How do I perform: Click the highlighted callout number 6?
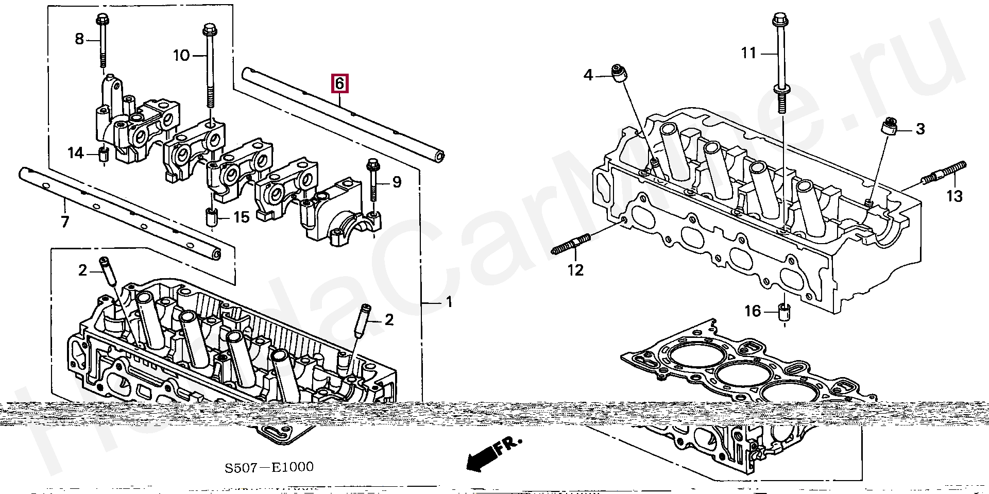click(339, 83)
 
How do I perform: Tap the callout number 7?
click(65, 222)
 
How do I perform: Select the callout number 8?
click(79, 39)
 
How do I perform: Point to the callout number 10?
click(181, 55)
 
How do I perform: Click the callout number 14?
click(76, 153)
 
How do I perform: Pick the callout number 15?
click(241, 217)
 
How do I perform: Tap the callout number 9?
click(397, 182)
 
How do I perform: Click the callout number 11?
click(748, 53)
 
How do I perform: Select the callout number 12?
click(575, 270)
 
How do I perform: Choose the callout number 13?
click(954, 196)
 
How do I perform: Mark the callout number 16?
click(753, 311)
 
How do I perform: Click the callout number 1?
click(449, 302)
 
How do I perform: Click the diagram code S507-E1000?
click(269, 467)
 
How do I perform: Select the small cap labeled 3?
click(890, 126)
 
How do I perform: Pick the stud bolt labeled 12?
click(571, 244)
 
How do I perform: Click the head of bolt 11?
click(778, 21)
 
